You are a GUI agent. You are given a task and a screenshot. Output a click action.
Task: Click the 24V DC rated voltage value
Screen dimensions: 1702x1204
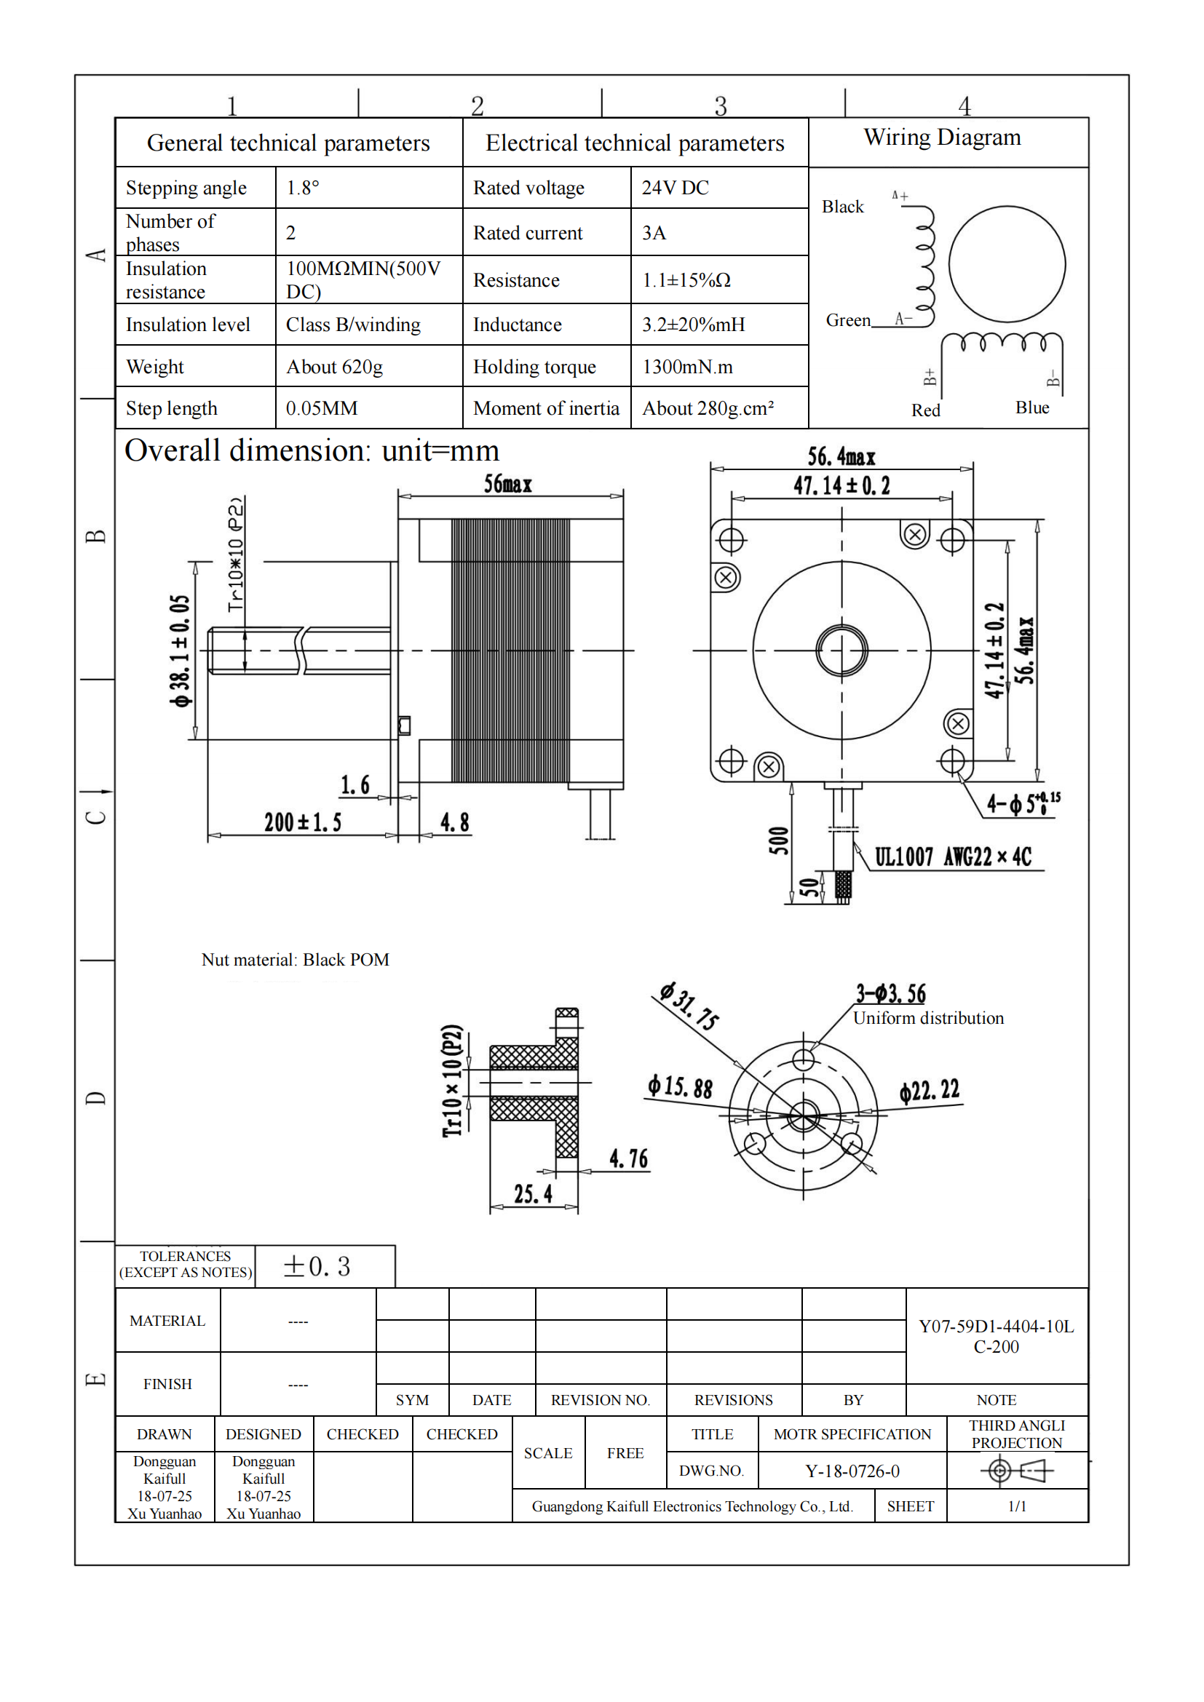tap(675, 188)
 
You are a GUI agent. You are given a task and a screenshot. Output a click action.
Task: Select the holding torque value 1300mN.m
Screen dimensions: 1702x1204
tap(687, 367)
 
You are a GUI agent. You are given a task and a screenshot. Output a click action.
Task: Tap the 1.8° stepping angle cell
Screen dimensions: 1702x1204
tap(303, 188)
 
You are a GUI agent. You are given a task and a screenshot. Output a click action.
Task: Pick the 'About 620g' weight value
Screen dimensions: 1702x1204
tap(334, 367)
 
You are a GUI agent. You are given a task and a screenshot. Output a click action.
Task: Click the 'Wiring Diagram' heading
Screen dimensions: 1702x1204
tap(941, 137)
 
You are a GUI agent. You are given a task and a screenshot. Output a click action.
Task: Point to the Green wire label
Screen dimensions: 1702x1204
tap(848, 320)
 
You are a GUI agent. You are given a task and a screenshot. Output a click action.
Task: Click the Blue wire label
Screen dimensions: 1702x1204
tap(1032, 407)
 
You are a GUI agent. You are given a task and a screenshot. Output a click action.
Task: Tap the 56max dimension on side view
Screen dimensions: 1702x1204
tap(508, 484)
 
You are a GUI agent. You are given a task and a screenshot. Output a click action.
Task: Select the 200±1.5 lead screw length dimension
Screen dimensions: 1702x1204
tap(303, 822)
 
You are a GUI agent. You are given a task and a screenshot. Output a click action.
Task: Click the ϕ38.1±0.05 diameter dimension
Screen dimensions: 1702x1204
tap(180, 650)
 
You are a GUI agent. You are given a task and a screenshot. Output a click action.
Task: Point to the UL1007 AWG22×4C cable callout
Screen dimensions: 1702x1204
tap(953, 857)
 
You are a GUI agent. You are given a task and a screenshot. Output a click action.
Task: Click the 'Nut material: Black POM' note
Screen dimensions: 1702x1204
tap(295, 960)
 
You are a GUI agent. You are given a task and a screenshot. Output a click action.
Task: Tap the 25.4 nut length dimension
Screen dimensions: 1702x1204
tap(533, 1194)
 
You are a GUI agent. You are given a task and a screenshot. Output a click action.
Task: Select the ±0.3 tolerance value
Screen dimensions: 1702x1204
tap(317, 1266)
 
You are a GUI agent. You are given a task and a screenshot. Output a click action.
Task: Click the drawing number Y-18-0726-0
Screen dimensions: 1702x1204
tap(852, 1471)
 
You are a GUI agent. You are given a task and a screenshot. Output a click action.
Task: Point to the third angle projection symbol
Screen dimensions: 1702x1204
tap(1016, 1470)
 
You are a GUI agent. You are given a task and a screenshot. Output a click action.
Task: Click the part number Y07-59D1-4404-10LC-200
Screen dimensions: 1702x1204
tap(996, 1337)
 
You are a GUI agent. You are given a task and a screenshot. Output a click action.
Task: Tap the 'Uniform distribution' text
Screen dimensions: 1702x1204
tap(928, 1018)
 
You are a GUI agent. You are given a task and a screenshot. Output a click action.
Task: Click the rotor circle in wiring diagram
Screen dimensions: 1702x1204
tap(1007, 264)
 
